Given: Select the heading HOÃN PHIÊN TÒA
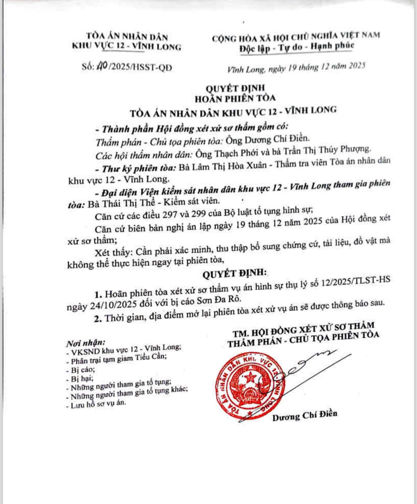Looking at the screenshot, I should (x=235, y=98).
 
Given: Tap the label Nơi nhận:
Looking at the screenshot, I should (x=86, y=343).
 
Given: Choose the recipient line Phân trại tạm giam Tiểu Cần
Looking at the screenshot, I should (x=119, y=359).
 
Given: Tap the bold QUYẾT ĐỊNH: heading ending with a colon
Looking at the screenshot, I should (x=234, y=273).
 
